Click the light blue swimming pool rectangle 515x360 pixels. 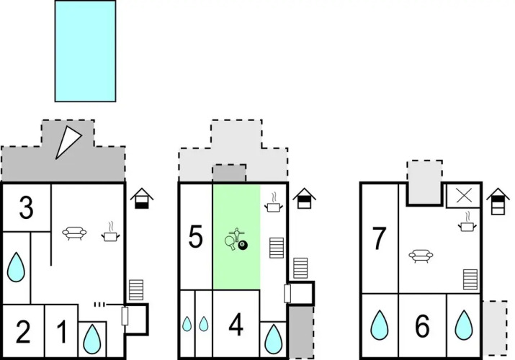[x=86, y=51]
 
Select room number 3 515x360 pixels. [x=26, y=207]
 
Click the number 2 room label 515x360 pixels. [x=23, y=332]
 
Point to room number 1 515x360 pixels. [x=62, y=332]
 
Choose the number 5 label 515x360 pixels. [x=195, y=237]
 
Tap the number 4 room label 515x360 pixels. [x=236, y=325]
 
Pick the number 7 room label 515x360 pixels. [x=379, y=238]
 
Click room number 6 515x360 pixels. [x=422, y=326]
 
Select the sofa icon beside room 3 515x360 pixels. [x=74, y=233]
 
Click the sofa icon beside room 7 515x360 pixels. [x=421, y=256]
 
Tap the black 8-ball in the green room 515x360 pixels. [x=243, y=245]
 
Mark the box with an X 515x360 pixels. [x=463, y=196]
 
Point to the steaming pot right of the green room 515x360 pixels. [x=274, y=202]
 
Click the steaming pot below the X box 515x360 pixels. [x=467, y=222]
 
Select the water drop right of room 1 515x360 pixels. [x=92, y=339]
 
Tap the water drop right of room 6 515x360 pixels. [x=464, y=325]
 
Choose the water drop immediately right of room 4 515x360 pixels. [x=273, y=339]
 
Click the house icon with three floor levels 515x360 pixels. [x=498, y=202]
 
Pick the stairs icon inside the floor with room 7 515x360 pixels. [x=470, y=279]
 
